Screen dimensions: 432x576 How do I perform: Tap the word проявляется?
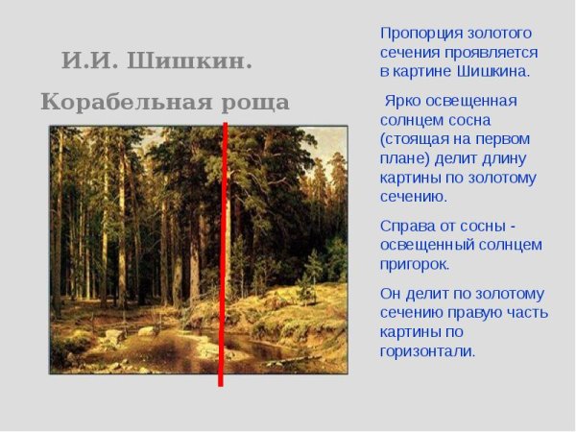(x=495, y=52)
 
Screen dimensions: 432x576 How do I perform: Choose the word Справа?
(x=405, y=226)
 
